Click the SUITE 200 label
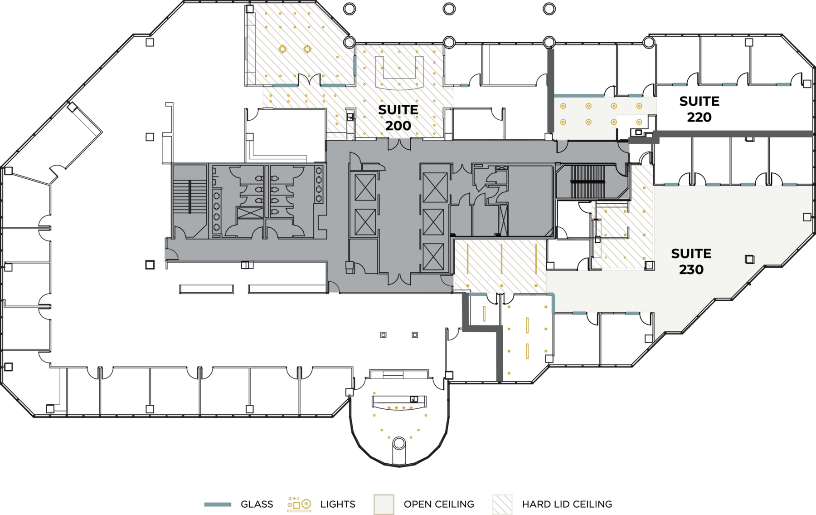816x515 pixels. pyautogui.click(x=398, y=118)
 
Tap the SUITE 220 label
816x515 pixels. pyautogui.click(x=699, y=109)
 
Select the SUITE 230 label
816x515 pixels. pyautogui.click(x=691, y=261)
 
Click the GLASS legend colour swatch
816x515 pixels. pyautogui.click(x=218, y=504)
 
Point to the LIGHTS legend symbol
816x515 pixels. pyautogui.click(x=299, y=504)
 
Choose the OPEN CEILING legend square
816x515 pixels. pyautogui.click(x=384, y=504)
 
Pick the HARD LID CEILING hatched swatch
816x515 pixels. pyautogui.click(x=502, y=504)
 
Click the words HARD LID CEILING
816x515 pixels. pyautogui.click(x=567, y=504)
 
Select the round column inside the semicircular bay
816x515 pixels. pyautogui.click(x=399, y=443)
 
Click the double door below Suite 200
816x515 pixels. pyautogui.click(x=399, y=144)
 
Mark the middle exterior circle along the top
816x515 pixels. pyautogui.click(x=449, y=9)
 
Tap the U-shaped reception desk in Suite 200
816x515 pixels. pyautogui.click(x=399, y=73)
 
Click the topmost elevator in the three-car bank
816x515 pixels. pyautogui.click(x=435, y=187)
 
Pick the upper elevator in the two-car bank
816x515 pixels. pyautogui.click(x=365, y=187)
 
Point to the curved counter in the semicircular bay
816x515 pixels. pyautogui.click(x=399, y=402)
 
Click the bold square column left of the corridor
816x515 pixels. pyautogui.click(x=150, y=265)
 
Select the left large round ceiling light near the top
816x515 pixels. pyautogui.click(x=282, y=49)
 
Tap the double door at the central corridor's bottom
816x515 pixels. pyautogui.click(x=399, y=279)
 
